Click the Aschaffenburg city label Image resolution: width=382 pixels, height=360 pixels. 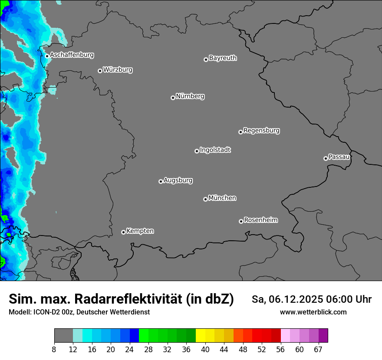[x=72, y=55]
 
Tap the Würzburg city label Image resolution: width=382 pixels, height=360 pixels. [x=118, y=70]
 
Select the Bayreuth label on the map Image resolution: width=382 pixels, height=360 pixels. [x=223, y=58]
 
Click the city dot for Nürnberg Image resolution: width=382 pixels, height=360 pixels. [x=173, y=98]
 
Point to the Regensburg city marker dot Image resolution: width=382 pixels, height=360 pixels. [x=240, y=132]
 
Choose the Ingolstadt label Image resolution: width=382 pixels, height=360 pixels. [x=215, y=150]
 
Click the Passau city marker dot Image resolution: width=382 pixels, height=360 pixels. [x=326, y=158]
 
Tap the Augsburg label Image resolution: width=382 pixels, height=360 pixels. [x=178, y=180]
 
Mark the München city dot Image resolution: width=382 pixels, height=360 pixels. [x=205, y=200]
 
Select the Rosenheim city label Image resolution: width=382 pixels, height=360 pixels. [x=260, y=220]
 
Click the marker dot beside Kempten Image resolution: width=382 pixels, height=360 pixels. [x=123, y=232]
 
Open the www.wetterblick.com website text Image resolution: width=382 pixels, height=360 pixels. [x=313, y=312]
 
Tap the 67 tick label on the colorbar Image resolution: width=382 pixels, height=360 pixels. [x=318, y=350]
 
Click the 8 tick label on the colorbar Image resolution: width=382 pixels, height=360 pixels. [x=54, y=350]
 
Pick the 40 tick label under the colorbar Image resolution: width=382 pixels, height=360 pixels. [x=205, y=350]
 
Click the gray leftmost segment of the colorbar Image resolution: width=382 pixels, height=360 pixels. [x=63, y=336]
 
